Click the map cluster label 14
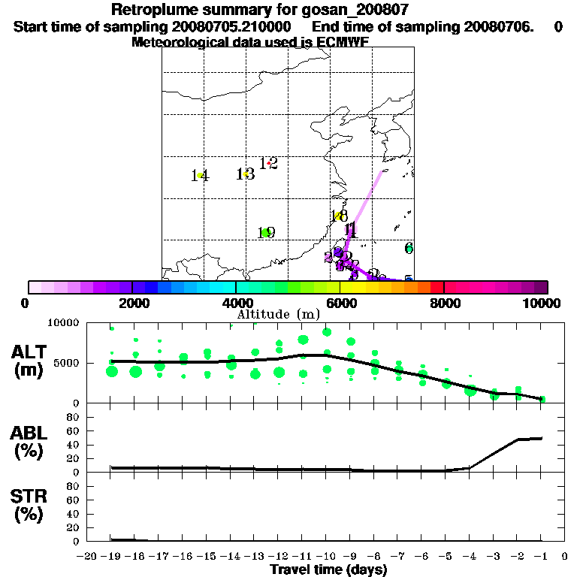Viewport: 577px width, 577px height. click(x=199, y=176)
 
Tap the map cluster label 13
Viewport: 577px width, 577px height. click(x=245, y=174)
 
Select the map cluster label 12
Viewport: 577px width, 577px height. click(x=269, y=163)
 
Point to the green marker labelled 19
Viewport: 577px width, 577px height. click(x=266, y=232)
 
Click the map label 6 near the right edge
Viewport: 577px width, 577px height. click(x=409, y=248)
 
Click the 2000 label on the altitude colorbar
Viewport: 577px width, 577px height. click(x=131, y=303)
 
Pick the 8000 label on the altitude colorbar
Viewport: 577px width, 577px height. click(x=444, y=303)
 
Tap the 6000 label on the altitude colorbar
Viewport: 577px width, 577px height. click(x=340, y=303)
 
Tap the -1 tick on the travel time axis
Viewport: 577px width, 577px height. click(x=541, y=557)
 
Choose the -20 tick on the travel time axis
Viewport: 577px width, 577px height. click(x=88, y=557)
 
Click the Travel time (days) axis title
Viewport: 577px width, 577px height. click(x=328, y=569)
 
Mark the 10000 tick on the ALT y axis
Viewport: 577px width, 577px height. click(x=64, y=322)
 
